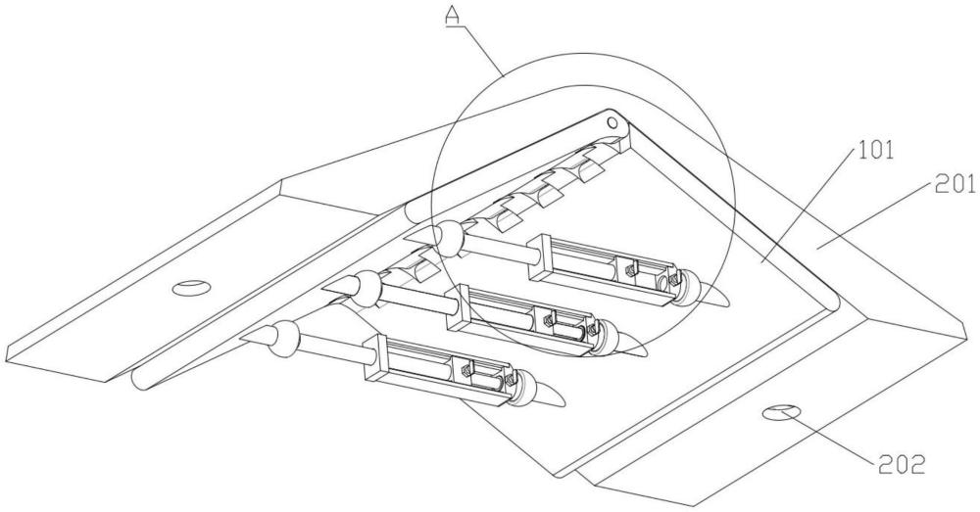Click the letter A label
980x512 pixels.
coord(454,17)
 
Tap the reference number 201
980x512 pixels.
coord(955,185)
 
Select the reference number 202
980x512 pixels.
coord(902,465)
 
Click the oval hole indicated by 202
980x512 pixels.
coord(781,413)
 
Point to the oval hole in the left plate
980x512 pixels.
coord(192,287)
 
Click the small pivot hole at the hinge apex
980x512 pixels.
coord(612,120)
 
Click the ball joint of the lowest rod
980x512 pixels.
coord(285,337)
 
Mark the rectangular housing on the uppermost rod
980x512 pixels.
coord(603,268)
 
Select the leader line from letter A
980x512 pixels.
coord(482,51)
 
